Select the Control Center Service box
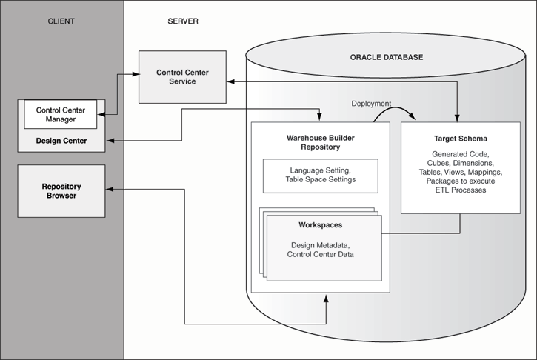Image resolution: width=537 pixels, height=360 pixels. click(182, 76)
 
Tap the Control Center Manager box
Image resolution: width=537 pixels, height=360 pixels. click(61, 115)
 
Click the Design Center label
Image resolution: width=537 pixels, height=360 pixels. click(61, 141)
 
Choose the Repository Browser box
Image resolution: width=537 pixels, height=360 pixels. click(61, 192)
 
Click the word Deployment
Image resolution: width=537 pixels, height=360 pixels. click(371, 104)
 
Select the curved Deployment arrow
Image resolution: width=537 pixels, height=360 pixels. click(396, 112)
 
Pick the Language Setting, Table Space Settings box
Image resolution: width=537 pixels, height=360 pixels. click(321, 175)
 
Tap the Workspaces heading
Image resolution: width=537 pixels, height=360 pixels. click(321, 224)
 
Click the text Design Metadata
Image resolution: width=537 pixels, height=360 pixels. click(321, 244)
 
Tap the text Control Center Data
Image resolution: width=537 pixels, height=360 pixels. click(321, 255)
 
